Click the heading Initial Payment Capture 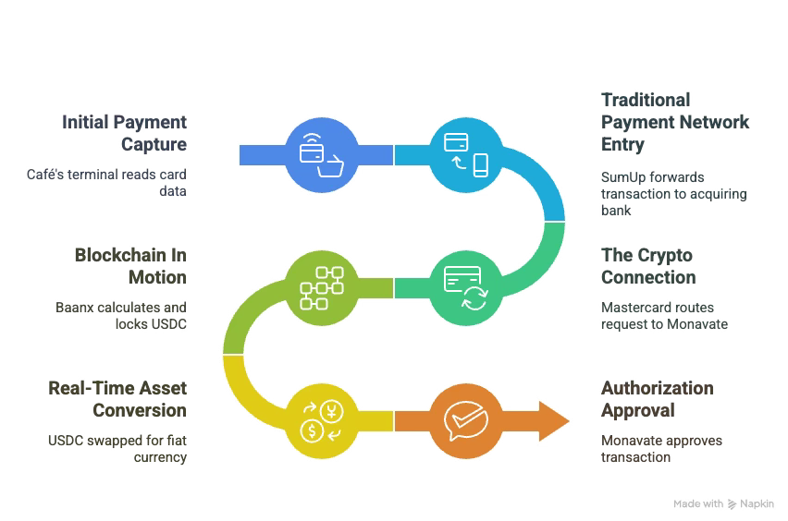pyautogui.click(x=125, y=133)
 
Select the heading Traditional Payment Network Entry pyautogui.click(x=674, y=122)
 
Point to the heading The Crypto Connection pyautogui.click(x=647, y=266)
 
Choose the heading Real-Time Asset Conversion pyautogui.click(x=117, y=397)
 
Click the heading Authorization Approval pyautogui.click(x=657, y=399)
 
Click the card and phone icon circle pyautogui.click(x=465, y=154)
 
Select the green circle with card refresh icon pyautogui.click(x=465, y=287)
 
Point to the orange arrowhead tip pyautogui.click(x=570, y=421)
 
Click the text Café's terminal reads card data pyautogui.click(x=127, y=184)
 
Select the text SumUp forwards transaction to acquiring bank pyautogui.click(x=673, y=195)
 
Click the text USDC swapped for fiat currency pyautogui.click(x=117, y=449)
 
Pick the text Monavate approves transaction pyautogui.click(x=661, y=449)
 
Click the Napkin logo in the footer pyautogui.click(x=753, y=504)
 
